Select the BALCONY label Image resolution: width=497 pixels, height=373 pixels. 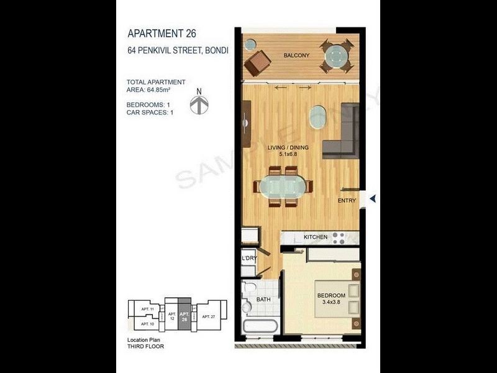click(296, 56)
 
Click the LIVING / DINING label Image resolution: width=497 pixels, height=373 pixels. click(288, 147)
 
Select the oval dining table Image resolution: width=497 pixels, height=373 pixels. click(283, 186)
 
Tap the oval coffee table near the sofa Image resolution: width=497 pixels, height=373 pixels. click(318, 116)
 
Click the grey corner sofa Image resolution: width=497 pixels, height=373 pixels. click(345, 137)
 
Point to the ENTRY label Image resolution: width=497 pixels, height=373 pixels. click(347, 201)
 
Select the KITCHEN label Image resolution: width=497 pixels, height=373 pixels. click(316, 237)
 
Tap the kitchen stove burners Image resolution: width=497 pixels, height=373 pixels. click(339, 237)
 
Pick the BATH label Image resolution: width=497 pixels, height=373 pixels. click(263, 300)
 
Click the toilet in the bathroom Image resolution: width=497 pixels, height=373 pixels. click(248, 289)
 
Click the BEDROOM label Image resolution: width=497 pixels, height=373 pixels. click(331, 295)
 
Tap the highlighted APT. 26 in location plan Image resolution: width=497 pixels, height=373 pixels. click(185, 317)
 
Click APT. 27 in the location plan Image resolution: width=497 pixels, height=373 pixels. click(208, 316)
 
